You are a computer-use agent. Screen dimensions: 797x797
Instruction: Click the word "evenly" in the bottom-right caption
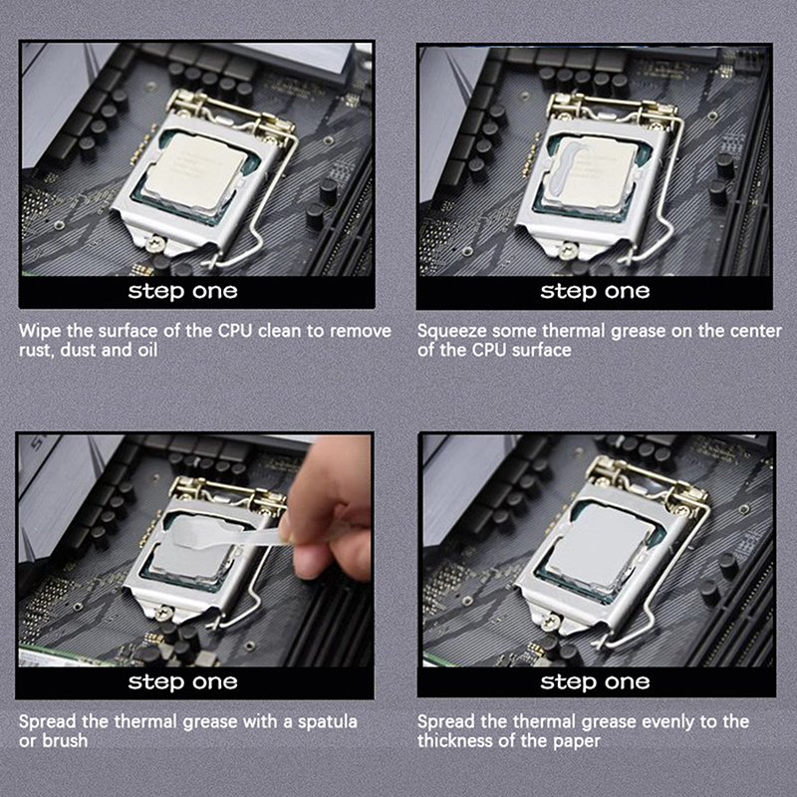pyautogui.click(x=669, y=722)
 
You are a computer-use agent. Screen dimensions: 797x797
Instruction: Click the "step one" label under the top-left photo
pyautogui.click(x=182, y=291)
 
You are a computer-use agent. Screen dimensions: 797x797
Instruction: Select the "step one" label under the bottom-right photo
pyautogui.click(x=595, y=681)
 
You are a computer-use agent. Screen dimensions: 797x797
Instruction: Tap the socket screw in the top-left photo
pyautogui.click(x=154, y=243)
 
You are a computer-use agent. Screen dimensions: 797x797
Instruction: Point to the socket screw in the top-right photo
pyautogui.click(x=566, y=250)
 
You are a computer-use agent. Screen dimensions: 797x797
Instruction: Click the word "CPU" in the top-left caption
pyautogui.click(x=235, y=331)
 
